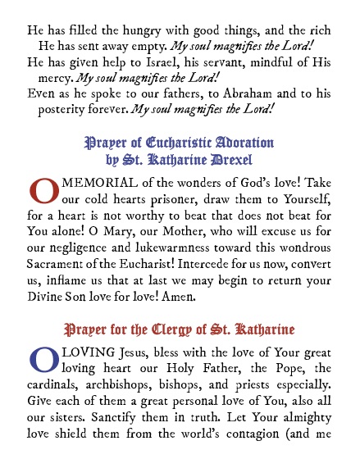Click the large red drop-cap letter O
44,188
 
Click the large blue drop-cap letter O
43,359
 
